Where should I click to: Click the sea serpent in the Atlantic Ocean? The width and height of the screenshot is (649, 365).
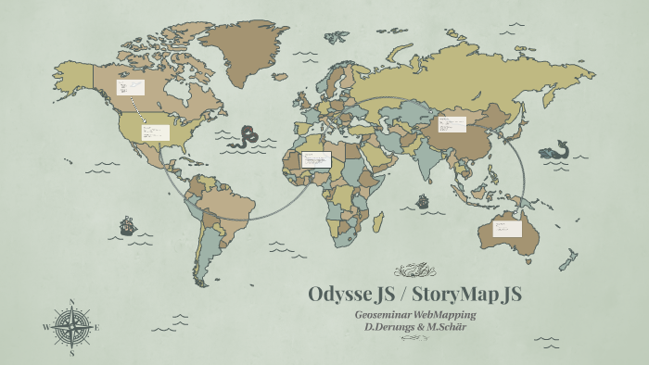(x=248, y=138)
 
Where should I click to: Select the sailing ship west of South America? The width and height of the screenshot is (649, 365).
(x=127, y=225)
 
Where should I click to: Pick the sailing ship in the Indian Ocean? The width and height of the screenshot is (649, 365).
(x=423, y=200)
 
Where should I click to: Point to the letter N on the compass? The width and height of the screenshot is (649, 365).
(x=72, y=301)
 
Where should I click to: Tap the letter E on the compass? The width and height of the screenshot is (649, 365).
(x=96, y=326)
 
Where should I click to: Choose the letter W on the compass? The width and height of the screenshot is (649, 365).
(x=46, y=326)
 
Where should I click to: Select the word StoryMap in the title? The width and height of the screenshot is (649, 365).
(x=453, y=295)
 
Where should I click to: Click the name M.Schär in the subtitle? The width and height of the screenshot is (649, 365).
(x=445, y=328)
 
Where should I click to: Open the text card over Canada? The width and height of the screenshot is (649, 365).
(x=130, y=87)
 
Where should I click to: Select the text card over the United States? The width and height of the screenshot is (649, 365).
(x=156, y=132)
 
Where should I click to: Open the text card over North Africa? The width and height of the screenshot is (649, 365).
(x=316, y=158)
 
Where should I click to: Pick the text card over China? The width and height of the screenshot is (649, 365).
(x=452, y=123)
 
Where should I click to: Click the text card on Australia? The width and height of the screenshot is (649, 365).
(x=507, y=227)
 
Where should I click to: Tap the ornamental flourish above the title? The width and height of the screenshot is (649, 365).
(x=414, y=271)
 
